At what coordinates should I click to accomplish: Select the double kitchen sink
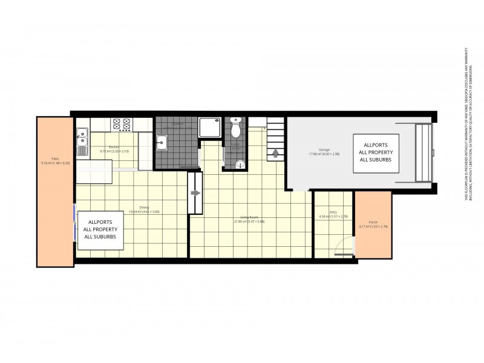point(82,143)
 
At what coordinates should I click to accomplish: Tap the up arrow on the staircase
point(275,152)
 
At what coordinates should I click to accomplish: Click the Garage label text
point(324,151)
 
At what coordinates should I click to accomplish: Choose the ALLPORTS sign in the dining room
point(102,230)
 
